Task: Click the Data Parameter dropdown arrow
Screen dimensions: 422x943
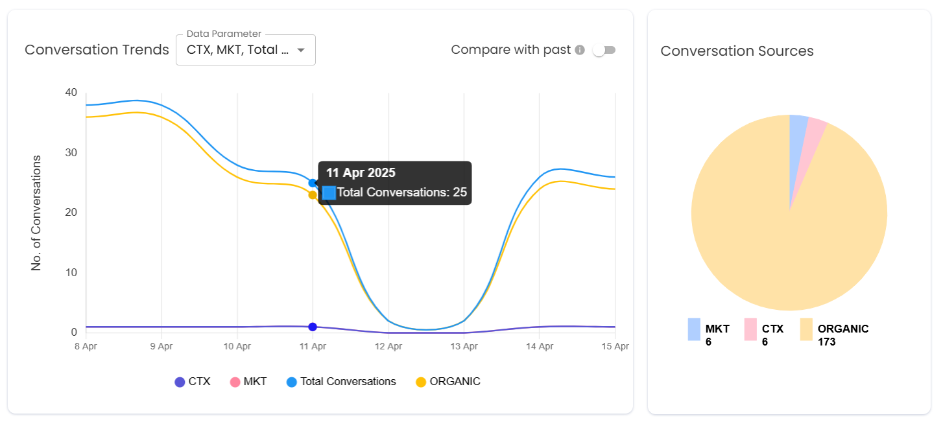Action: pos(301,51)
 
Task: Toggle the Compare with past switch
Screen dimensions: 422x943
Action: pos(604,51)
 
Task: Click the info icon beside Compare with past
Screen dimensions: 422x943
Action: pos(580,51)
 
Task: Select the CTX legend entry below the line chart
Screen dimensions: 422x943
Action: pos(193,382)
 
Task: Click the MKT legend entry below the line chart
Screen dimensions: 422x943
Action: pos(248,382)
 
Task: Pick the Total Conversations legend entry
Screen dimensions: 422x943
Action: pos(341,382)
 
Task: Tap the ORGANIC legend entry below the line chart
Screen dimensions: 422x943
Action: pos(448,382)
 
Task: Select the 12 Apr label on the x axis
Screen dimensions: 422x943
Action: pos(388,347)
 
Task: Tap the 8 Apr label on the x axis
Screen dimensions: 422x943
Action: pos(86,347)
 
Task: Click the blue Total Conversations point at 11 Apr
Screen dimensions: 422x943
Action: pos(313,183)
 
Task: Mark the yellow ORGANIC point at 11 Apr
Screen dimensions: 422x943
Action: pos(313,195)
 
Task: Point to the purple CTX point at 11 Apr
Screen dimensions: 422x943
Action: pos(313,327)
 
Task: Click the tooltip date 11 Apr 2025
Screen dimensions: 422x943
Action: pos(361,173)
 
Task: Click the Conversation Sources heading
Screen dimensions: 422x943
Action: pos(737,51)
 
